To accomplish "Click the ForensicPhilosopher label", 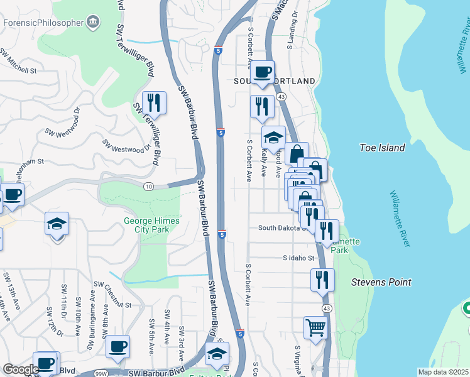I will [43, 23].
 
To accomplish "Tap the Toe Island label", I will [382, 148].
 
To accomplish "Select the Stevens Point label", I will [381, 282].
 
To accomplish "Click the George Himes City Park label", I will [151, 225].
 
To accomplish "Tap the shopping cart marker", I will [315, 327].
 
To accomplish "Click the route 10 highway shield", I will [148, 186].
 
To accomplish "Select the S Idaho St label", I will [298, 258].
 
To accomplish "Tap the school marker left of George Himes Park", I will [57, 224].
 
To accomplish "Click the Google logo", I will [20, 370].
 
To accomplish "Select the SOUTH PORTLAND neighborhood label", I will [274, 82].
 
